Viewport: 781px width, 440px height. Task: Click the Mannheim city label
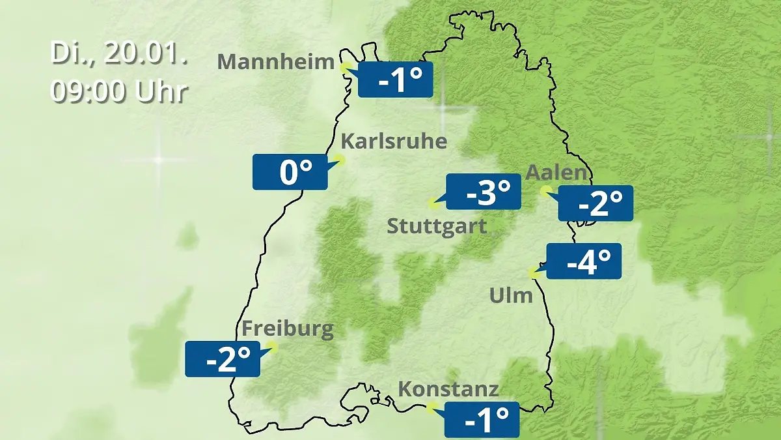tap(276, 62)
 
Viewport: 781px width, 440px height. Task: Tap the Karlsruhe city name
tap(394, 141)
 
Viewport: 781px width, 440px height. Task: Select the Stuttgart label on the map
tap(437, 227)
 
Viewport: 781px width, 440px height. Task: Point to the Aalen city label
tap(556, 173)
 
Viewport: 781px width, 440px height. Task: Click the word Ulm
tap(511, 296)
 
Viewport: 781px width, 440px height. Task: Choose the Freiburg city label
tap(288, 329)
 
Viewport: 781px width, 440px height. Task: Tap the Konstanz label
tap(448, 389)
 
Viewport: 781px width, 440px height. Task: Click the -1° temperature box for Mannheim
tap(395, 80)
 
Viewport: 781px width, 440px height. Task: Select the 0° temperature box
tap(290, 172)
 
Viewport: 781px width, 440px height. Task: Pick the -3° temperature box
tap(484, 192)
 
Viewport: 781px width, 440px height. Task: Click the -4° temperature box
tap(584, 261)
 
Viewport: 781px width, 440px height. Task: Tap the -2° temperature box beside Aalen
tap(596, 203)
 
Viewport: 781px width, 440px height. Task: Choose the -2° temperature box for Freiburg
tap(223, 359)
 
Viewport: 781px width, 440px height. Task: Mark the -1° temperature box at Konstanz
tap(482, 419)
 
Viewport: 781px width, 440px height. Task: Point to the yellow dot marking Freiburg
tap(273, 347)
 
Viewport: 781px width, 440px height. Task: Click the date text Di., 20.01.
tap(119, 54)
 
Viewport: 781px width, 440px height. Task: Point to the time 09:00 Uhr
tap(119, 92)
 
